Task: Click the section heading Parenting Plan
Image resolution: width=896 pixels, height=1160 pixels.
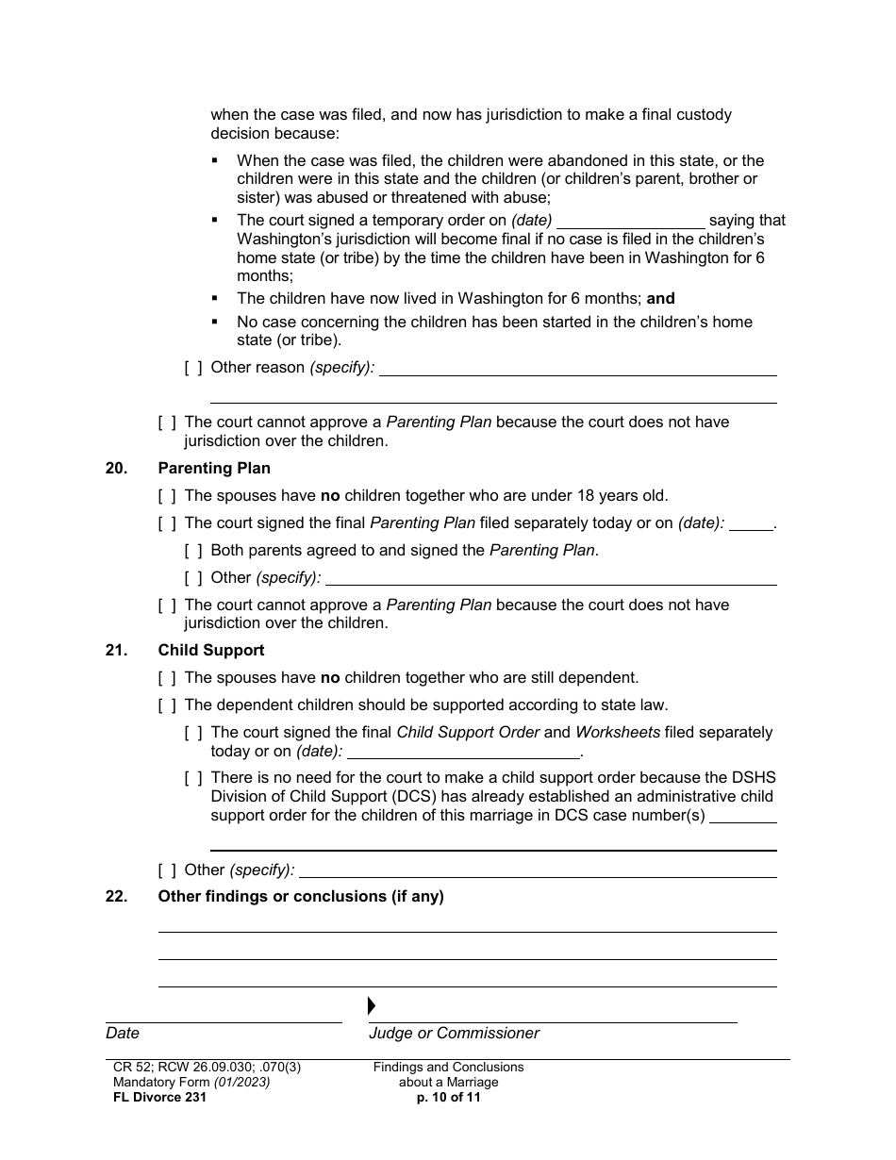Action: pos(214,468)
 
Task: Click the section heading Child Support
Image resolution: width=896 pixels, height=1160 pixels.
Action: pos(211,650)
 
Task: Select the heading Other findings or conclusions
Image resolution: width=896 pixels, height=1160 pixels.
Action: pos(301,896)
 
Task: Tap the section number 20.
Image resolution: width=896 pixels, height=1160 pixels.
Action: pos(116,468)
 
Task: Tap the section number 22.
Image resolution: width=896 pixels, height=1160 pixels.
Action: pos(116,896)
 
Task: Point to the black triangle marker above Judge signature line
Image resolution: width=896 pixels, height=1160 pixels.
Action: pos(372,1005)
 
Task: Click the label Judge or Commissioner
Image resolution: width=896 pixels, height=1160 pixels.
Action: pos(454,1033)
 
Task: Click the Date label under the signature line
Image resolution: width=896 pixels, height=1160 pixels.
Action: pos(123,1033)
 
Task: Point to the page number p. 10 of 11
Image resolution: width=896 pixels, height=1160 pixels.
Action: pos(448,1097)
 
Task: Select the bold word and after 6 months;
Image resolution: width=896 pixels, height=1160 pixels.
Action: pos(661,298)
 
